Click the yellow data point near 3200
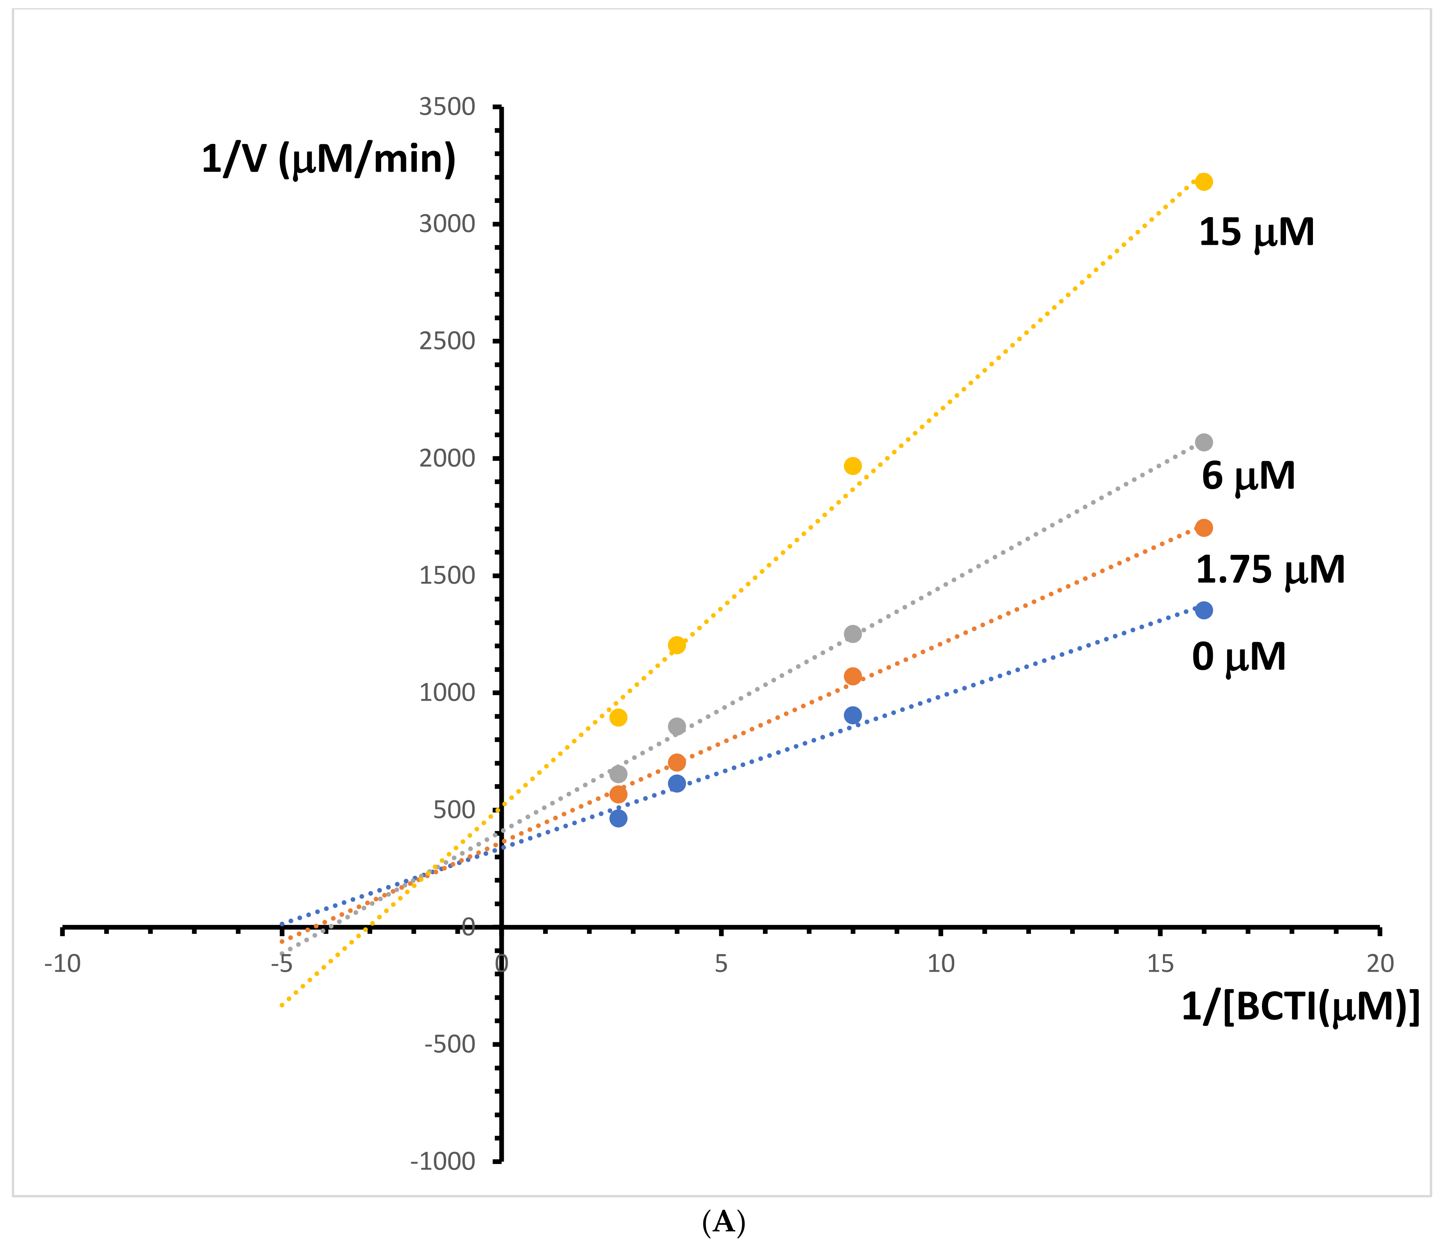click(x=1204, y=182)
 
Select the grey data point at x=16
click(x=1204, y=443)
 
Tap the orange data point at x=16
click(x=1204, y=528)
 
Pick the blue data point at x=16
click(x=1204, y=611)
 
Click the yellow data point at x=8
click(x=852, y=466)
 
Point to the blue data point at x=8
click(x=852, y=715)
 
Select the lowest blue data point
click(x=618, y=818)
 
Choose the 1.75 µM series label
click(x=1270, y=570)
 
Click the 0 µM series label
click(x=1239, y=657)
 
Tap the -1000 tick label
click(x=443, y=1161)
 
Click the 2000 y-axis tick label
click(x=447, y=459)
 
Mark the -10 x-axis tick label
click(x=63, y=964)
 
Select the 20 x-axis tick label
click(x=1379, y=964)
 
